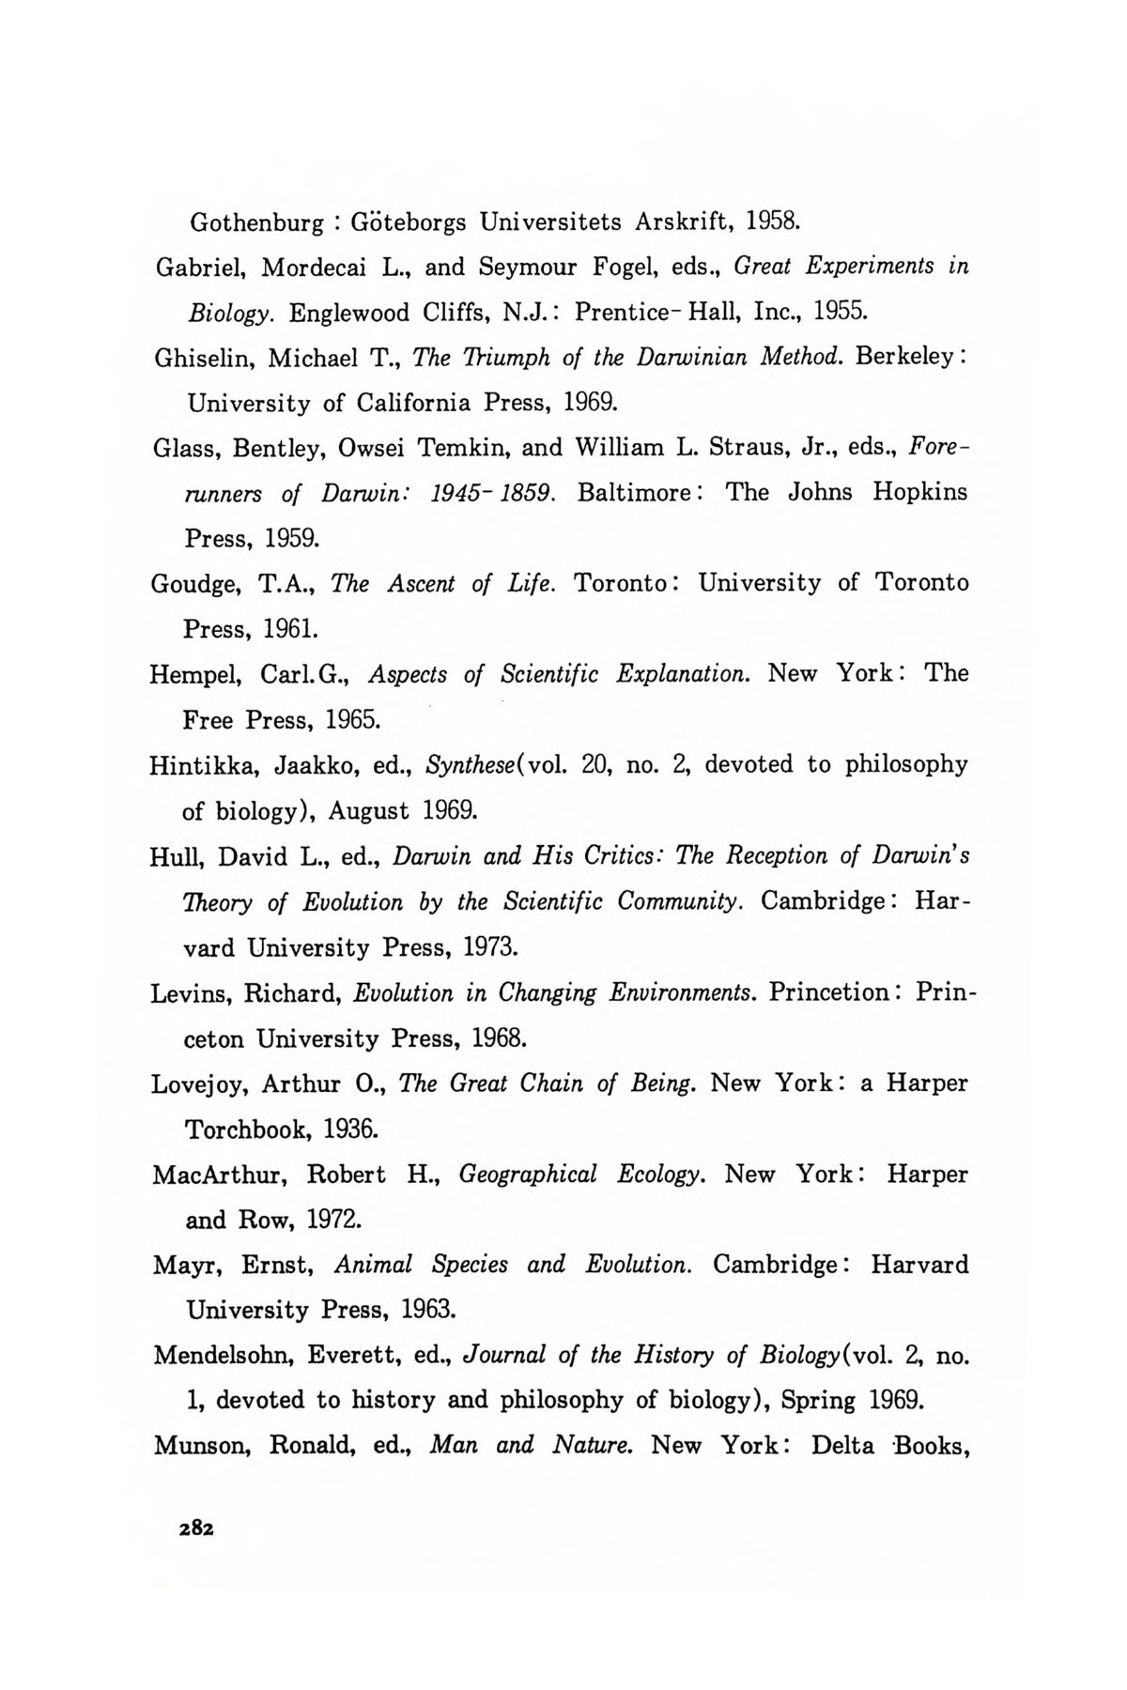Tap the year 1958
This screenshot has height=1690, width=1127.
pos(773,223)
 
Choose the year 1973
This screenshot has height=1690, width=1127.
pos(489,947)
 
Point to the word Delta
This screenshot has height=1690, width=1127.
pos(841,1446)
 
